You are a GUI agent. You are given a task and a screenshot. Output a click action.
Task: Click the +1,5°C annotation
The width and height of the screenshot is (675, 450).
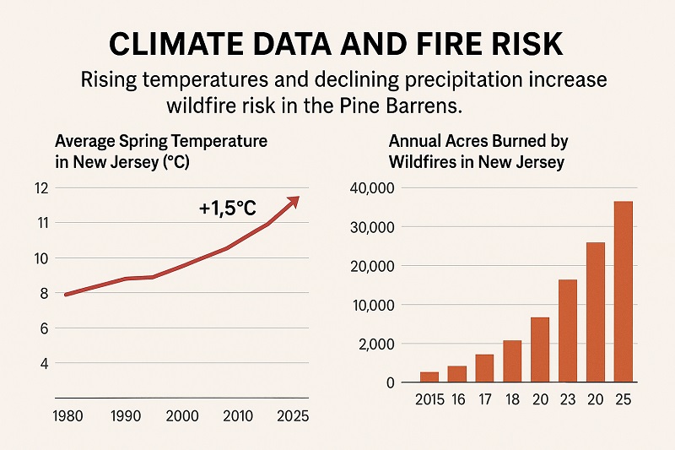(227, 208)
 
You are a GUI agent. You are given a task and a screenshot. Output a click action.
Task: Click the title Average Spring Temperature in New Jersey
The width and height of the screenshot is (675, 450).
(160, 150)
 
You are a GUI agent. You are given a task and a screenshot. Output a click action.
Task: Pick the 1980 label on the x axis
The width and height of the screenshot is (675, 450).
(67, 416)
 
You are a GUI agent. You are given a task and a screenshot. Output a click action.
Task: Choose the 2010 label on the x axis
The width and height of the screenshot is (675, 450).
(237, 416)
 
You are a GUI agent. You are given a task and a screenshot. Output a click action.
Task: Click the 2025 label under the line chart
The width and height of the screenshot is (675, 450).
(292, 416)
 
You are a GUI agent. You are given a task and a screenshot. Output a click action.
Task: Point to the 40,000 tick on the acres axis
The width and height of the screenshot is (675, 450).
(370, 188)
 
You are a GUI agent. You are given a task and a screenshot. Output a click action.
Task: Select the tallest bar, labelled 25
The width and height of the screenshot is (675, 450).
(622, 291)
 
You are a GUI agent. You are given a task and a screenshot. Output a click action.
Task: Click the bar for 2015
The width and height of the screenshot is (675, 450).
(429, 377)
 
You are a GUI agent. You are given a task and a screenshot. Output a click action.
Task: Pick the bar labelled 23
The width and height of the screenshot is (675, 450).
(567, 330)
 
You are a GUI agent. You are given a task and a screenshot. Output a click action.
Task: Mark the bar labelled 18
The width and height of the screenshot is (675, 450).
(512, 361)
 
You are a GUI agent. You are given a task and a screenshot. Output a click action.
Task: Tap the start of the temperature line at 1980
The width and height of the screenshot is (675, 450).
(67, 295)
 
